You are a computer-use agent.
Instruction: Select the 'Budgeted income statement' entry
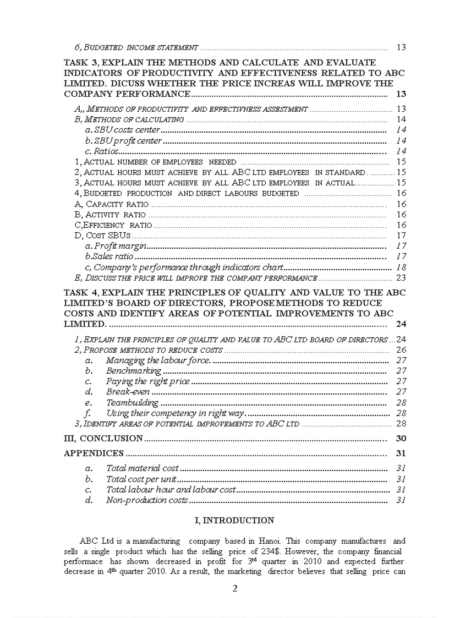click(136, 47)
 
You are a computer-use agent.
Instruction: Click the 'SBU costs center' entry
click(127, 130)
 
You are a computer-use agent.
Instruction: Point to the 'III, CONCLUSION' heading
click(103, 439)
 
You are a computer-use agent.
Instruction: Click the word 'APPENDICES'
click(94, 453)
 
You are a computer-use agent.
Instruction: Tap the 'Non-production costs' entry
click(146, 500)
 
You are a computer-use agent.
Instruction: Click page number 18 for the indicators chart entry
click(401, 267)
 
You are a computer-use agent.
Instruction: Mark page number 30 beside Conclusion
click(401, 439)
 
